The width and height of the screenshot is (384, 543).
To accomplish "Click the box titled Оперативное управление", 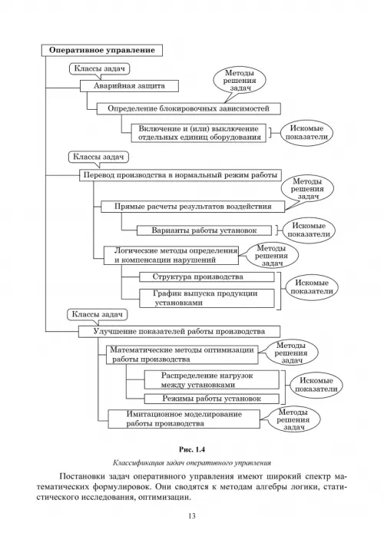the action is click(x=102, y=50).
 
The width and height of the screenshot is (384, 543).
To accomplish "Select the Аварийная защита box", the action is click(x=130, y=86).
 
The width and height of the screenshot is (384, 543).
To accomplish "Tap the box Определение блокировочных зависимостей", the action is click(x=188, y=109).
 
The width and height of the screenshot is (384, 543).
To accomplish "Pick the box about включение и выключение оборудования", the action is click(x=199, y=133).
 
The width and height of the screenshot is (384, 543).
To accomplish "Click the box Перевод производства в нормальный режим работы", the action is click(x=180, y=175).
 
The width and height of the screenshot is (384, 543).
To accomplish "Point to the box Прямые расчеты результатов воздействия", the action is click(x=193, y=207).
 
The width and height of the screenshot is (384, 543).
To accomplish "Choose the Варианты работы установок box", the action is click(x=204, y=230).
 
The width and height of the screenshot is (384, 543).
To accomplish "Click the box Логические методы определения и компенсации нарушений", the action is click(x=171, y=255).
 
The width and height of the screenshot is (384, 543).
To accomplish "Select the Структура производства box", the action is click(x=207, y=277).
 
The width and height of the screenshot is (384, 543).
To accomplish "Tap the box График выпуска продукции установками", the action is click(x=207, y=298).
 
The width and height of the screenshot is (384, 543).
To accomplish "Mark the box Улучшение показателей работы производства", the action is click(x=180, y=332).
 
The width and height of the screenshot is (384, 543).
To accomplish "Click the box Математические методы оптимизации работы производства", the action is click(x=182, y=355).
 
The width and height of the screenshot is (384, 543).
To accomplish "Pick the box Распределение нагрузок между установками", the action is click(x=211, y=380).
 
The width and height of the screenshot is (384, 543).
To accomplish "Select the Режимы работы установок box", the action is click(x=211, y=399).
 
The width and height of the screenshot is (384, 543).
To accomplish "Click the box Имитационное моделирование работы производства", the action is click(x=184, y=419).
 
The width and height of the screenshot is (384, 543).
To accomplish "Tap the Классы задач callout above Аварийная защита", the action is click(x=100, y=69).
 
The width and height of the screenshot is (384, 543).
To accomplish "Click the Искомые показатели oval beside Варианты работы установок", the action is click(x=309, y=230).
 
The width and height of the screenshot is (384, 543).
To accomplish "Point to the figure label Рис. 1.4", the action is click(x=192, y=450).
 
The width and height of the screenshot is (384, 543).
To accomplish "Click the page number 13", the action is click(x=192, y=516).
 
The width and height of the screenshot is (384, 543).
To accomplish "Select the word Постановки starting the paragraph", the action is click(x=83, y=476).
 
